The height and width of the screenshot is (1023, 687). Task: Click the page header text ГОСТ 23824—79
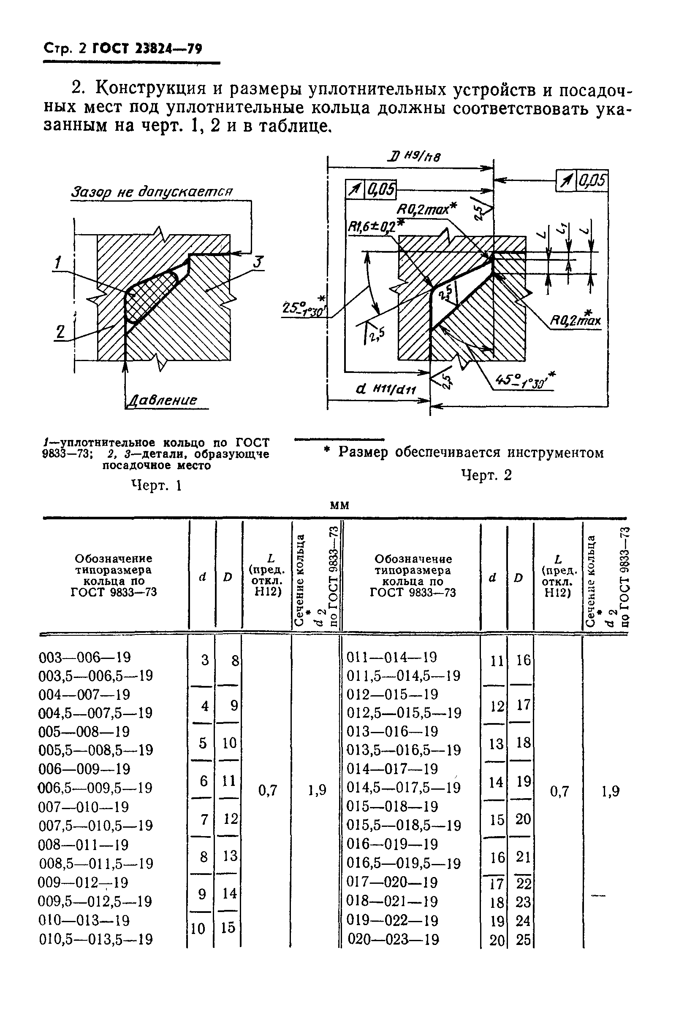click(x=147, y=49)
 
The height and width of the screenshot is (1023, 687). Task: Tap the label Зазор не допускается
click(x=152, y=192)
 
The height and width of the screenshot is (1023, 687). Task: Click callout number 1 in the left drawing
click(x=58, y=262)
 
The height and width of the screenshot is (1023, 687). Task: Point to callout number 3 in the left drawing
click(x=258, y=262)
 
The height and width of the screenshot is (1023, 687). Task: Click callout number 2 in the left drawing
click(x=60, y=332)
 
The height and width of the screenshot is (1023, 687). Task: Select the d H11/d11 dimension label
click(x=386, y=389)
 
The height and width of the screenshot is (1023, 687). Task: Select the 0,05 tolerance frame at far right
click(x=582, y=181)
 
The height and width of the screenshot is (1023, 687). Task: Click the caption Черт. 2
click(x=486, y=475)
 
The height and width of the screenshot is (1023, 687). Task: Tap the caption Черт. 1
click(x=156, y=486)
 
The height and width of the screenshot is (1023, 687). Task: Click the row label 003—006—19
click(x=84, y=657)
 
